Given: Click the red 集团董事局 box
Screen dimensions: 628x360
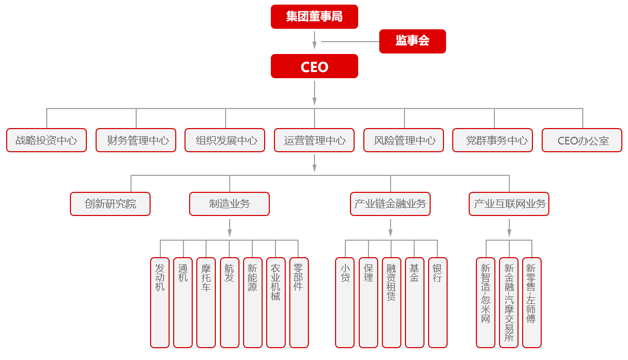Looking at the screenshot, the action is coord(315,16).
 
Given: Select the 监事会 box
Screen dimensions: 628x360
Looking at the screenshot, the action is coord(412,41).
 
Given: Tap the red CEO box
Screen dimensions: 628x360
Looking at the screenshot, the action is coord(315,66).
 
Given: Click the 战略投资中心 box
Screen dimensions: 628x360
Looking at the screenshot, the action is coord(47,140).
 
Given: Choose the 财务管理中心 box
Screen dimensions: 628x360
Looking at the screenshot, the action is coord(136,140).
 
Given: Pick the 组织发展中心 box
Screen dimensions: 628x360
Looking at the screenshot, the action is coord(225,140).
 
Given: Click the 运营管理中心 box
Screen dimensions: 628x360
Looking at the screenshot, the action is coord(315,140).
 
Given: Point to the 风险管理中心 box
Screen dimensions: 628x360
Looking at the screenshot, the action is coord(404,140).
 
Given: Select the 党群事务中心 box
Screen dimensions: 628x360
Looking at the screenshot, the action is coord(493,140).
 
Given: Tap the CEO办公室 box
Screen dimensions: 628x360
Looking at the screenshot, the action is coord(582,140).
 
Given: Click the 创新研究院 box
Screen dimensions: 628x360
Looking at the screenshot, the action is coord(110,204).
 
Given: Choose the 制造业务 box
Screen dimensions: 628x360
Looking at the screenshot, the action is coord(229,204).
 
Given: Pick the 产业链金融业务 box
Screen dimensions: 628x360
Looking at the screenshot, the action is coord(390,204).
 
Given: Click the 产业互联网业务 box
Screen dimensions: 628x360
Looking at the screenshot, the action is coord(509,204).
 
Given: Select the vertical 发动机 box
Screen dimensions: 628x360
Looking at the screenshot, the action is coord(160,303).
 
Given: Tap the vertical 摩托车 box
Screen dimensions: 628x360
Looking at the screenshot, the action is coord(206,303).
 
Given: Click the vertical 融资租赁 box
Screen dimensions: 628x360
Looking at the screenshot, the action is coord(392,303).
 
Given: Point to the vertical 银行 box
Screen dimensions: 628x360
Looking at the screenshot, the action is coord(438,303).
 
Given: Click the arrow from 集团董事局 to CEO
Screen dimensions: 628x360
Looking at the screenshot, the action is coord(315,40).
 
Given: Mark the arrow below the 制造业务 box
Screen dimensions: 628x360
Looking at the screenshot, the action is coord(230,228).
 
